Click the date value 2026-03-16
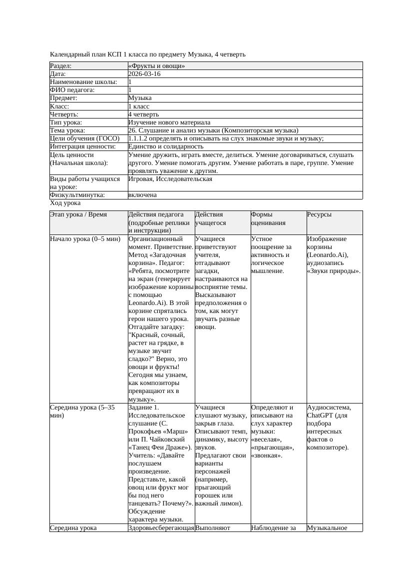click(144, 73)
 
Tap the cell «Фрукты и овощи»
click(157, 65)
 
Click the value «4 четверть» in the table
click(143, 114)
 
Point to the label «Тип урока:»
click(66, 122)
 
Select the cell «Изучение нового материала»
click(169, 122)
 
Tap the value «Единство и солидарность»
click(166, 146)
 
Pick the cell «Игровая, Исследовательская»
click(170, 178)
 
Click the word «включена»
click(142, 195)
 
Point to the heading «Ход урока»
click(65, 203)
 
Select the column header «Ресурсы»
click(320, 214)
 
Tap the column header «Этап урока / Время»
click(78, 214)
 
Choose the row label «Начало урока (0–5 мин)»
click(85, 239)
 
